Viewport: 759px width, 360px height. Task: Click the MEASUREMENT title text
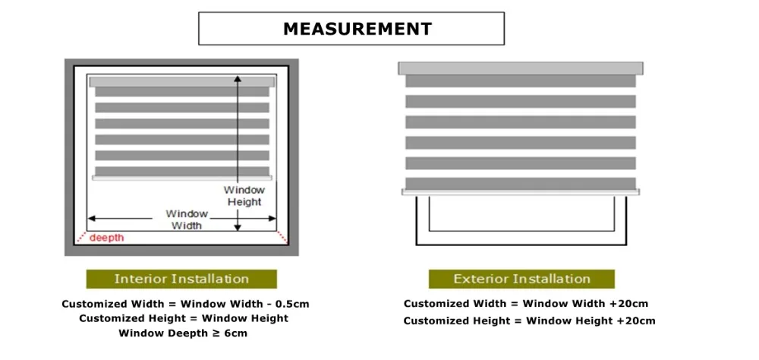357,29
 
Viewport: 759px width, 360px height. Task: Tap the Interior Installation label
181,279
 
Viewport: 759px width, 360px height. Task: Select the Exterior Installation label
521,279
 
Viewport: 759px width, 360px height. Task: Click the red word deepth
107,238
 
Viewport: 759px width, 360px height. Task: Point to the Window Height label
244,196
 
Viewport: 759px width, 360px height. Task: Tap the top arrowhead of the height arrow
238,78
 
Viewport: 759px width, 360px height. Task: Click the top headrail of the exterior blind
520,68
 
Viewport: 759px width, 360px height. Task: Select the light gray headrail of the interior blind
182,81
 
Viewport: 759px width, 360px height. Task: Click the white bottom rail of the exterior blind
520,192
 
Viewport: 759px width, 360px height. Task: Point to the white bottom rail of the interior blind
182,178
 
